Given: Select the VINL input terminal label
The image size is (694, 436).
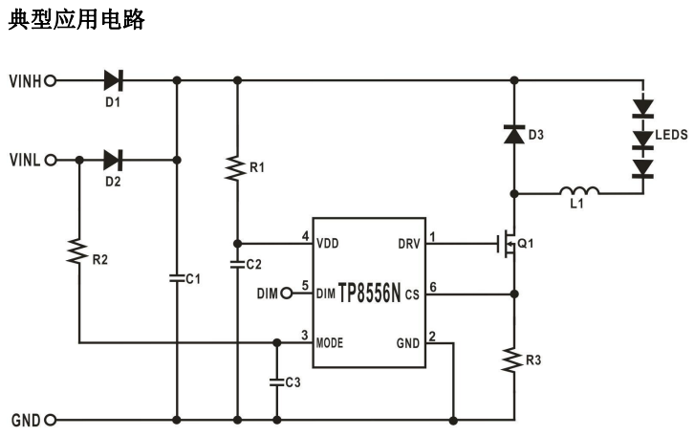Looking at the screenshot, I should (x=24, y=160).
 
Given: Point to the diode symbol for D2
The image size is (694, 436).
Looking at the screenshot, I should (x=115, y=160).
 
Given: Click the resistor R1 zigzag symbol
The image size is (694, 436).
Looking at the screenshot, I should (x=237, y=167).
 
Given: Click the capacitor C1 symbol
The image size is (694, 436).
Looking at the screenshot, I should (x=178, y=278).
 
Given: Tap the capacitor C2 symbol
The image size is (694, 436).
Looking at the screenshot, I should (x=237, y=263).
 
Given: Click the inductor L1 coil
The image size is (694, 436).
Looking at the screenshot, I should (x=579, y=191).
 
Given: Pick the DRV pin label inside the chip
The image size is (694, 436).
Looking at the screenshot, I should (x=408, y=242).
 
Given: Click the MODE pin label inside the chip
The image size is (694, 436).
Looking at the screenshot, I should (x=330, y=342).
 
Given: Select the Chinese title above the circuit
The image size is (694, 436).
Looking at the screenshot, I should (x=76, y=20).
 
